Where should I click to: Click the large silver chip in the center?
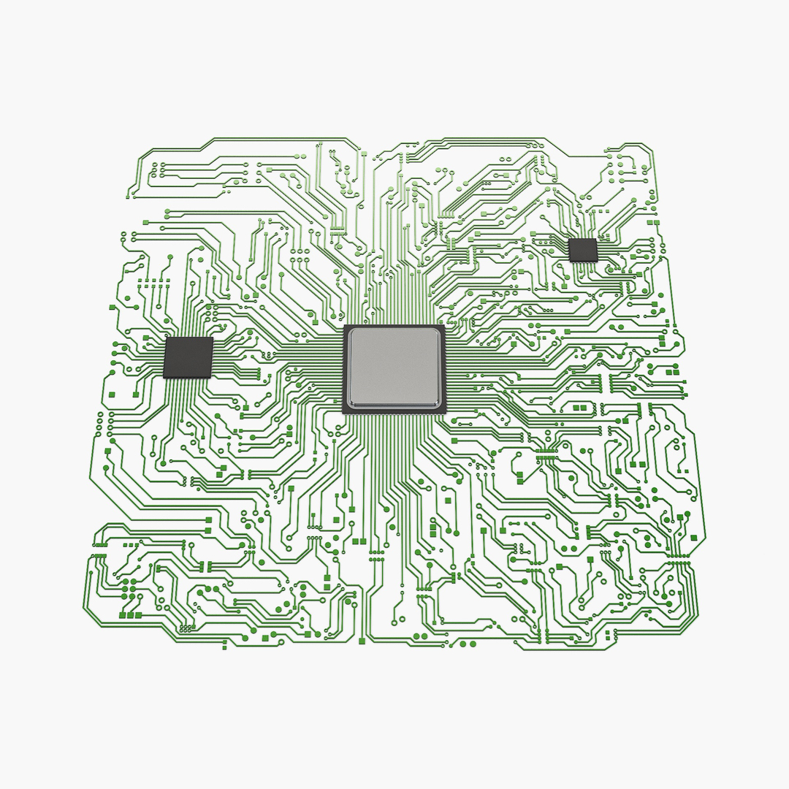(x=394, y=367)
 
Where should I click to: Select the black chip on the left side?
(x=188, y=357)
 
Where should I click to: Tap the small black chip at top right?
(x=582, y=250)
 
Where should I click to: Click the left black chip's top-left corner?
(x=167, y=338)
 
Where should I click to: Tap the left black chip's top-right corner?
(x=213, y=338)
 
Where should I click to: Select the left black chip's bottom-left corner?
(x=164, y=377)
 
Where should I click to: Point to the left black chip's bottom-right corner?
(x=210, y=378)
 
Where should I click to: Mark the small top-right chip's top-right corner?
(x=597, y=239)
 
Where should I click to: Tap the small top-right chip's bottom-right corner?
(x=596, y=261)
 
